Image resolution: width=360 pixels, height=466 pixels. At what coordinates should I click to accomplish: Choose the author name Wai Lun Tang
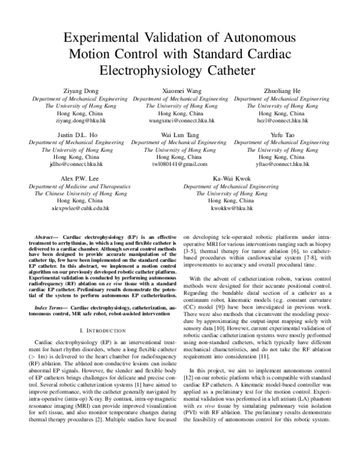click(179, 135)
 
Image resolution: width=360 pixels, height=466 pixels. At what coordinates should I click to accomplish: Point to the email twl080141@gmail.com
click(179, 164)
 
